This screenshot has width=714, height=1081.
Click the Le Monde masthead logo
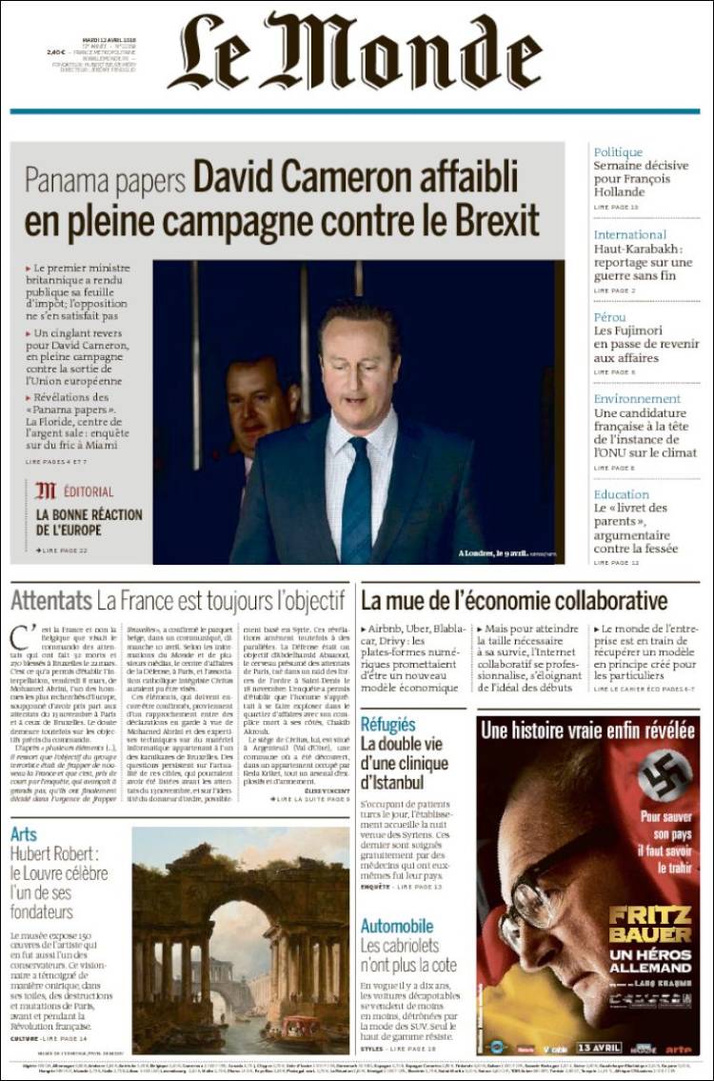(x=358, y=52)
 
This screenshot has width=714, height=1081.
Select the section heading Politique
(x=618, y=152)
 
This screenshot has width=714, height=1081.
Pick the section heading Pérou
(x=609, y=316)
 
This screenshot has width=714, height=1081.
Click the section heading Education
(x=621, y=494)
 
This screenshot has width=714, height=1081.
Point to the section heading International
(x=629, y=234)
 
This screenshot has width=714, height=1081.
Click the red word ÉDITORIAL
(x=88, y=492)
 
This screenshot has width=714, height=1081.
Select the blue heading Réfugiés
(x=387, y=725)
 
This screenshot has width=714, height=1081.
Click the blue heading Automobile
(x=397, y=926)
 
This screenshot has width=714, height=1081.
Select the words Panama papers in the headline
(x=105, y=179)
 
